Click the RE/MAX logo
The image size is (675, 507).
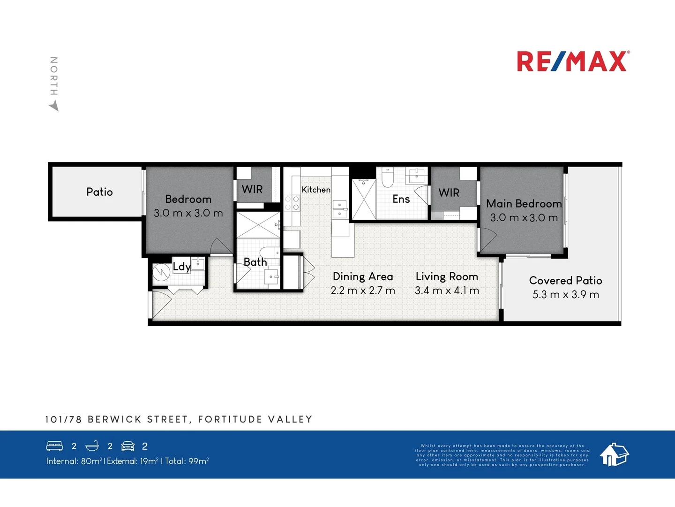click(573, 61)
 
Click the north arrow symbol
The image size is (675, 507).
click(54, 107)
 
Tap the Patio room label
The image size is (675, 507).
click(99, 192)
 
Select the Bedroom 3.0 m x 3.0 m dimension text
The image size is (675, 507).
click(188, 213)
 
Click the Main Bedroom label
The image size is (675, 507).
click(524, 203)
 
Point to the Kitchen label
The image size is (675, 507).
click(316, 190)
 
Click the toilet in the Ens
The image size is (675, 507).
click(387, 178)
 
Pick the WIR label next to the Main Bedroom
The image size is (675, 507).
click(449, 192)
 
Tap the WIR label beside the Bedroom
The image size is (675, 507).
click(252, 189)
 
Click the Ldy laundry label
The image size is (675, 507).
click(181, 267)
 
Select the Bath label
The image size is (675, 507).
click(255, 262)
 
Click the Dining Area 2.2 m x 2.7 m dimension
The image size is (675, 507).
click(363, 291)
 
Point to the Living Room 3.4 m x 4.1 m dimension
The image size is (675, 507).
click(447, 291)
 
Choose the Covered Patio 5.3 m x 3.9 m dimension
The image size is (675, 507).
click(565, 294)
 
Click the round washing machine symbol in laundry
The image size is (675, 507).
click(161, 272)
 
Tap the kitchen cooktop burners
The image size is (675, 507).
click(292, 203)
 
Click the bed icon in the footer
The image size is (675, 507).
click(54, 446)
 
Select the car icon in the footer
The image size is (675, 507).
click(128, 446)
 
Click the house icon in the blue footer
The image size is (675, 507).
click(614, 454)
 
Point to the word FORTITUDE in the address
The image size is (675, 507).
click(230, 419)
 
